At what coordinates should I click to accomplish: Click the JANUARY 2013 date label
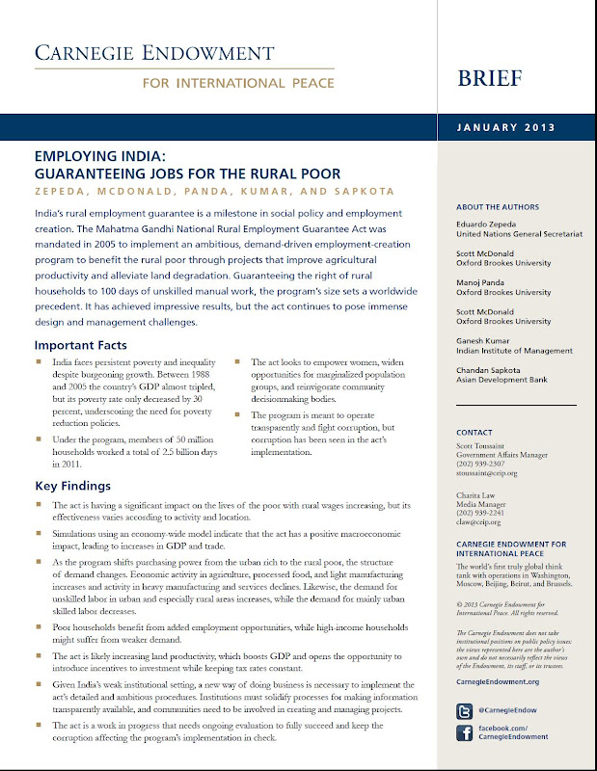[513, 127]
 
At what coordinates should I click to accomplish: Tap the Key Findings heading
[72, 486]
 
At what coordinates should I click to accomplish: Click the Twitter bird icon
[464, 710]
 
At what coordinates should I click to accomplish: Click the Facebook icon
[464, 735]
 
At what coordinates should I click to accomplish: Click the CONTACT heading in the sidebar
[475, 433]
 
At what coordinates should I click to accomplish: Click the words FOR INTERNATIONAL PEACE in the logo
[238, 83]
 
